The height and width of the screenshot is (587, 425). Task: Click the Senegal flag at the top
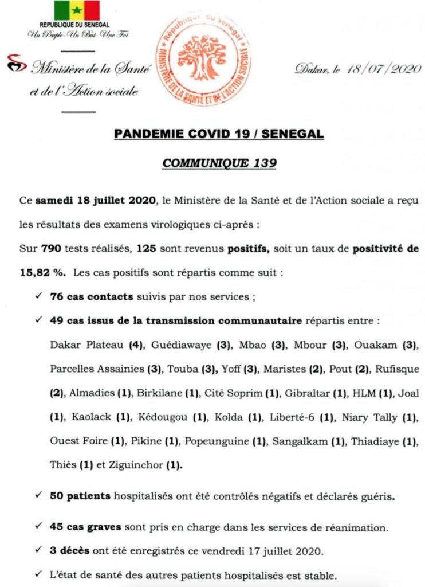(77, 11)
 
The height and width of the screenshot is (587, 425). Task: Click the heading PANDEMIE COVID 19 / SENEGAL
(219, 134)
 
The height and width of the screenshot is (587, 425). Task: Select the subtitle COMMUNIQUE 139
(219, 163)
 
